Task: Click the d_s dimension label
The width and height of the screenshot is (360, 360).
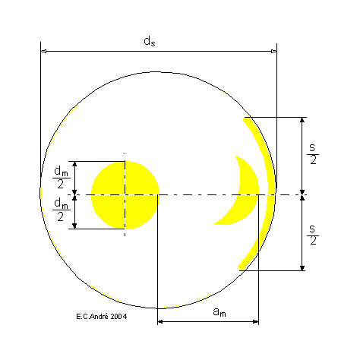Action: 150,41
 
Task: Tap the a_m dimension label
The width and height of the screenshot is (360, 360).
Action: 219,311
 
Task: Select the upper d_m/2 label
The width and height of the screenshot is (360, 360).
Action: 61,178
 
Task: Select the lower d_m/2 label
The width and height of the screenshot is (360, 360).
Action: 61,210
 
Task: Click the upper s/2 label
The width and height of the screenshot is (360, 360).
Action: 313,154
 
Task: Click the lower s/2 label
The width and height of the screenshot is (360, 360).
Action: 313,235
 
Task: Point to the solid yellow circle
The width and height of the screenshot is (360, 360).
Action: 125,195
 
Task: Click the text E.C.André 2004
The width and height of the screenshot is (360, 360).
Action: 102,316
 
